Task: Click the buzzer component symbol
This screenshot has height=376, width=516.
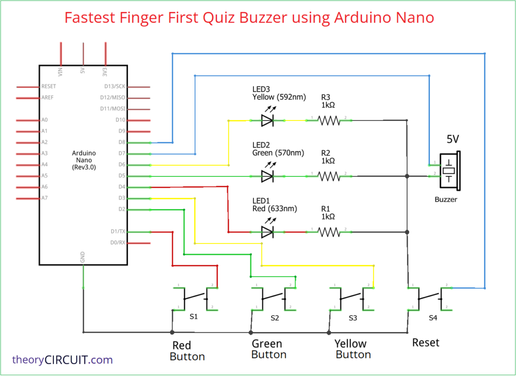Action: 449,170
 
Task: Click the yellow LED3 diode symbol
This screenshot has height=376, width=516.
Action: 267,120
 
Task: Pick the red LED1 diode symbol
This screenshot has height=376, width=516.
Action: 267,232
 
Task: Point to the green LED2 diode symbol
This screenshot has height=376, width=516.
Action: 267,176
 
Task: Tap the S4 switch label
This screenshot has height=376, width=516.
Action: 433,318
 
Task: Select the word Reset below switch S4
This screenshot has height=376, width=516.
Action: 426,343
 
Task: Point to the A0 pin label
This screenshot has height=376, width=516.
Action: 45,120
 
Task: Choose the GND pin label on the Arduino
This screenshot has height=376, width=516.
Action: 83,257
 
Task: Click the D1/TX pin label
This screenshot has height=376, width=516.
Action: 117,231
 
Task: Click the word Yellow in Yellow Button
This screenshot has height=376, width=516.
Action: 351,344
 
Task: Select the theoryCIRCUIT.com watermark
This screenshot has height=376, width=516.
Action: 62,360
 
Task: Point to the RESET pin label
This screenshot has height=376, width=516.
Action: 49,87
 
